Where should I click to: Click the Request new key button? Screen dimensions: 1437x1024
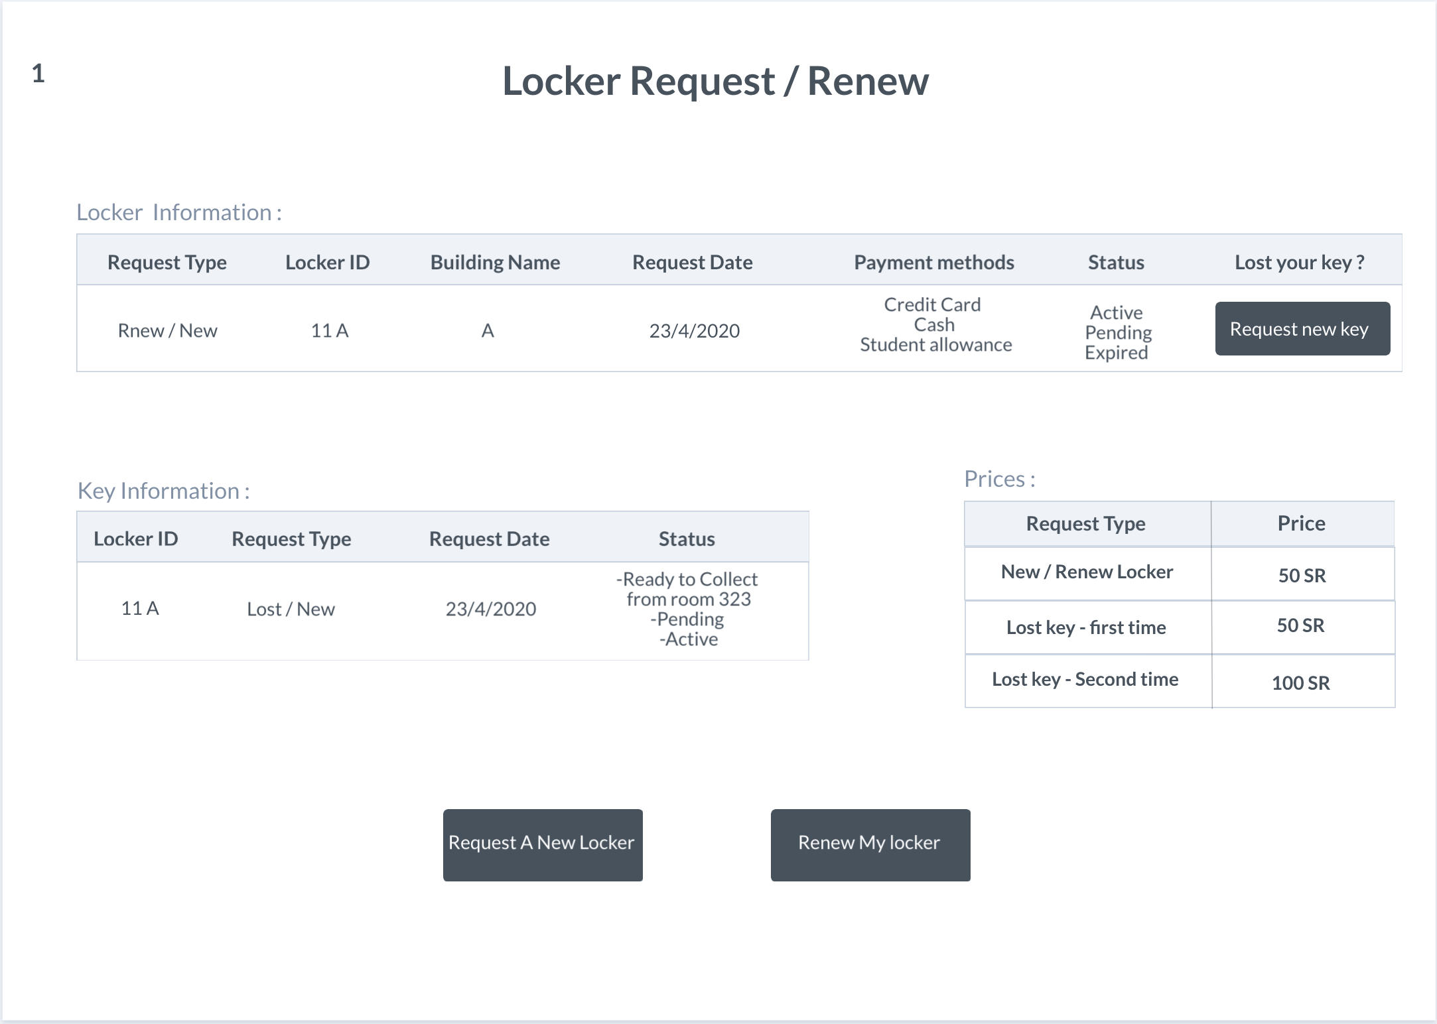[x=1302, y=329]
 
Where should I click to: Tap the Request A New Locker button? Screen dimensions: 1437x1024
[x=543, y=845]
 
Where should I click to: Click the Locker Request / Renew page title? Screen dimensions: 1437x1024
[x=715, y=82]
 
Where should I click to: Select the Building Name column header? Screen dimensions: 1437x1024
[x=495, y=263]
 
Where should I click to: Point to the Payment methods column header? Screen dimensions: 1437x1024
[x=934, y=263]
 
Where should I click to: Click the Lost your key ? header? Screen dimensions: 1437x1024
[x=1300, y=263]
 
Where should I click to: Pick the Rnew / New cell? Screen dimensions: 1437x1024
[x=167, y=330]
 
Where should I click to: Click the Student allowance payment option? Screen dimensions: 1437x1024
[x=936, y=345]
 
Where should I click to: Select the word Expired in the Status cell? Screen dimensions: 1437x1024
[x=1116, y=353]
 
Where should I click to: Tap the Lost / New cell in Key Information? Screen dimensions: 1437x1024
[x=291, y=609]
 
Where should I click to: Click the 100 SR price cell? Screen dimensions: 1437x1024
[x=1301, y=683]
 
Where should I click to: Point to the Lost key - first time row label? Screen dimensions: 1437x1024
[x=1086, y=627]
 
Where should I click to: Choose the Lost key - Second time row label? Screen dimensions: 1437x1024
[x=1085, y=679]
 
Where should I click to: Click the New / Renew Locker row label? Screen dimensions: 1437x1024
[x=1087, y=572]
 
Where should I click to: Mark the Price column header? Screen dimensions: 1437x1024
[x=1302, y=523]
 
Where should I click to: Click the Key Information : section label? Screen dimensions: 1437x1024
[x=163, y=491]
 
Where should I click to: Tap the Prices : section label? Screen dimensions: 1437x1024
[x=1000, y=479]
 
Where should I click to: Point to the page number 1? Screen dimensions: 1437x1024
[x=38, y=73]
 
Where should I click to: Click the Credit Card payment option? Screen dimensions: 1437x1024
[x=932, y=304]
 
